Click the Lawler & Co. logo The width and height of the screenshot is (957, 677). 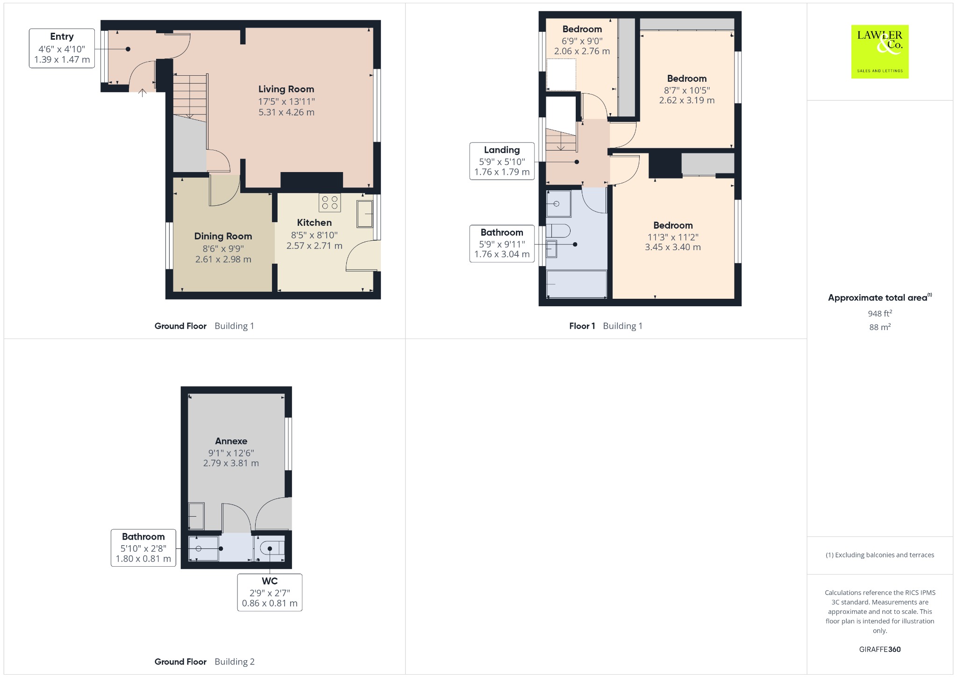coord(880,51)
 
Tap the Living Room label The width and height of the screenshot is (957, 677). coord(286,89)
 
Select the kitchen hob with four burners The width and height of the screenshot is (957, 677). coord(330,202)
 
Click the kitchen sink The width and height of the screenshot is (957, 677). coord(365,214)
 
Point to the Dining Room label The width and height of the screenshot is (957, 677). coord(223,236)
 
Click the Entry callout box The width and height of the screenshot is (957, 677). coord(62,48)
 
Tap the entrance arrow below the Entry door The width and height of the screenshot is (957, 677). coord(143,93)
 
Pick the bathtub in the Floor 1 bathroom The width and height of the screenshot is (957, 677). coord(577,284)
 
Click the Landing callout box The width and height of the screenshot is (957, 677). coord(502,161)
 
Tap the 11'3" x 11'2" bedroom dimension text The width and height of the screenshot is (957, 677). coord(673,237)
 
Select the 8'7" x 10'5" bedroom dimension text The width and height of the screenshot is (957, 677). coord(687,90)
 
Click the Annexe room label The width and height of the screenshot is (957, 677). coord(231,441)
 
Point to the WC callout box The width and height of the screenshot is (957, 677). coord(270,592)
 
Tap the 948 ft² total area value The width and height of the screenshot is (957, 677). coord(880,313)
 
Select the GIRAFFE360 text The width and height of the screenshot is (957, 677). coord(880,649)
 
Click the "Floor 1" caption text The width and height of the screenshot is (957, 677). coord(582,326)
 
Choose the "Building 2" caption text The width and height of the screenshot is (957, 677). coord(235,662)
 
